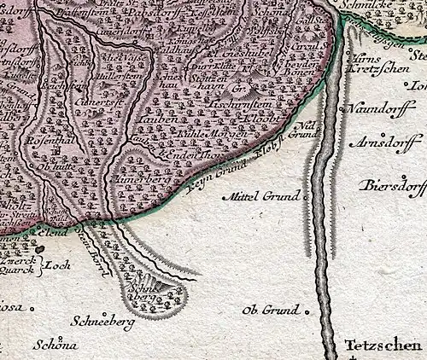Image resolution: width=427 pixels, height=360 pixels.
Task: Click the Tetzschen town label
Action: [x=383, y=345]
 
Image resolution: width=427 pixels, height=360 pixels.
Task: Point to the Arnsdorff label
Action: [x=389, y=141]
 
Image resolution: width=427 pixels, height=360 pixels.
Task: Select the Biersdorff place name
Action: [x=394, y=184]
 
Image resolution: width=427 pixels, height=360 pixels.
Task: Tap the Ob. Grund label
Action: [x=271, y=310]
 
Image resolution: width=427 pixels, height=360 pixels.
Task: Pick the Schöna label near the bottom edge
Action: [x=56, y=345]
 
